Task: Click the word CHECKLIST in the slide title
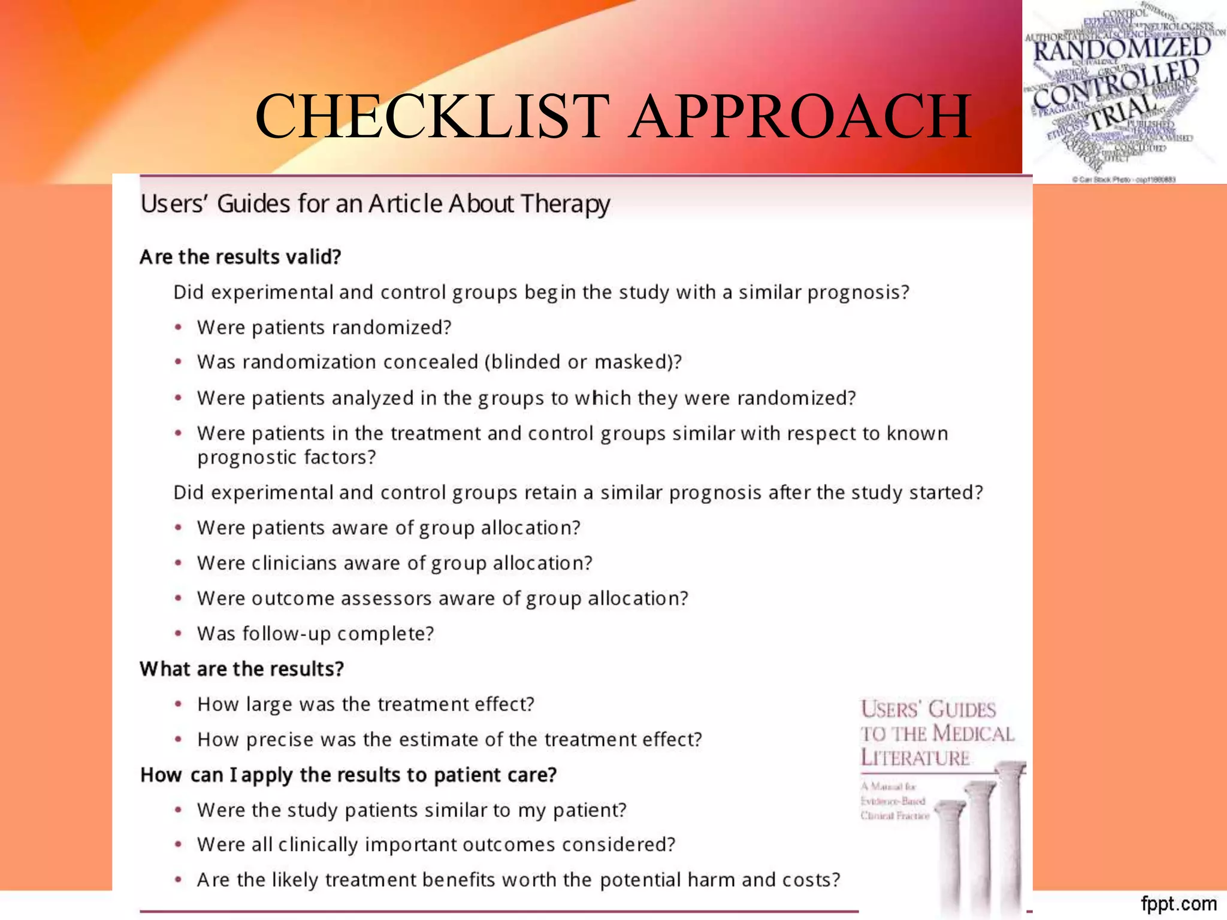point(432,116)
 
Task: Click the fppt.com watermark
point(1178,903)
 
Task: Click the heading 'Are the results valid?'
point(240,257)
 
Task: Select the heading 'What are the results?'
point(241,668)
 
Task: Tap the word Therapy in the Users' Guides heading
point(565,205)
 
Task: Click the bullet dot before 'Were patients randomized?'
point(178,327)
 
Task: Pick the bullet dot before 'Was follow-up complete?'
point(178,633)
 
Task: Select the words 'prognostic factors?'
point(286,458)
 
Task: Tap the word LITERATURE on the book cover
point(915,758)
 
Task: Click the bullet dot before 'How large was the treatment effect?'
point(178,704)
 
